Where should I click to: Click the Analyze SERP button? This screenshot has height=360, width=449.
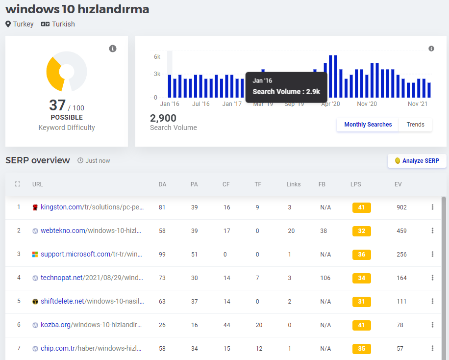tap(417, 161)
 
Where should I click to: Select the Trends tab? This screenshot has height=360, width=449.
tap(415, 125)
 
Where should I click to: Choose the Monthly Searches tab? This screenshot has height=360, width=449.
tap(368, 125)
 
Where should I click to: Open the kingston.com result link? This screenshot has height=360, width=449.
tap(92, 207)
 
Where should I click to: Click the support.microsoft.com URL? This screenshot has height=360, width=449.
tap(91, 254)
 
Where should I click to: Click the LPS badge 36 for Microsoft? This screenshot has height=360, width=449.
tap(361, 255)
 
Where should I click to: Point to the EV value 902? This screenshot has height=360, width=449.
tap(401, 207)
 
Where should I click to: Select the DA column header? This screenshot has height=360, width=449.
tap(162, 184)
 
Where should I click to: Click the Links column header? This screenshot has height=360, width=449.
tap(294, 184)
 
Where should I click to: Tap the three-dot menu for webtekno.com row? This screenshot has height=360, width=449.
tap(432, 231)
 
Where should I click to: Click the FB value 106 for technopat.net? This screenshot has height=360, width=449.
tap(325, 278)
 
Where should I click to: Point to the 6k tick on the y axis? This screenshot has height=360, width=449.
tap(157, 57)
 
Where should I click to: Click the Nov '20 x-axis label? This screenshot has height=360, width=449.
tap(367, 104)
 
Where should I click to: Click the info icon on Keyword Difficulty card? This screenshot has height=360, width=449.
tap(113, 49)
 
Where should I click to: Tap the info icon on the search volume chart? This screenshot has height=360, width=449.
tap(431, 49)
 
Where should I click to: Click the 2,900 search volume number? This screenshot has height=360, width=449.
tap(163, 118)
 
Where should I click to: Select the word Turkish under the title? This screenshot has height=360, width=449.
tap(63, 24)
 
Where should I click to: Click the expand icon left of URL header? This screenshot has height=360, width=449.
tap(18, 184)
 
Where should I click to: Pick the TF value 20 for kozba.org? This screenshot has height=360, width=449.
tap(259, 325)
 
